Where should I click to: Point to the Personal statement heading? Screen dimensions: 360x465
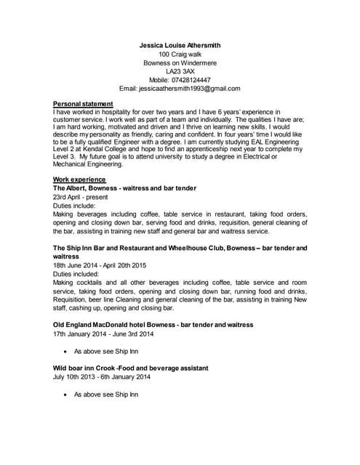coord(83,104)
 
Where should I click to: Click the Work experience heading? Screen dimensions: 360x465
coord(79,179)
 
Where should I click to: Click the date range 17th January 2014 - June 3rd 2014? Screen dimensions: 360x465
coord(103,334)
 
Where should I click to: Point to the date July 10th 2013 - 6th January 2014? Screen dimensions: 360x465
coord(102,377)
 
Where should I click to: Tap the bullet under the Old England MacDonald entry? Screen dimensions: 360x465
coord(67,352)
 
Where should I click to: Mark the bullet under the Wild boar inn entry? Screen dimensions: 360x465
coord(67,395)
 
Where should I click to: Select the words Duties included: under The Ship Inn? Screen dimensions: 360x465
coord(76,274)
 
